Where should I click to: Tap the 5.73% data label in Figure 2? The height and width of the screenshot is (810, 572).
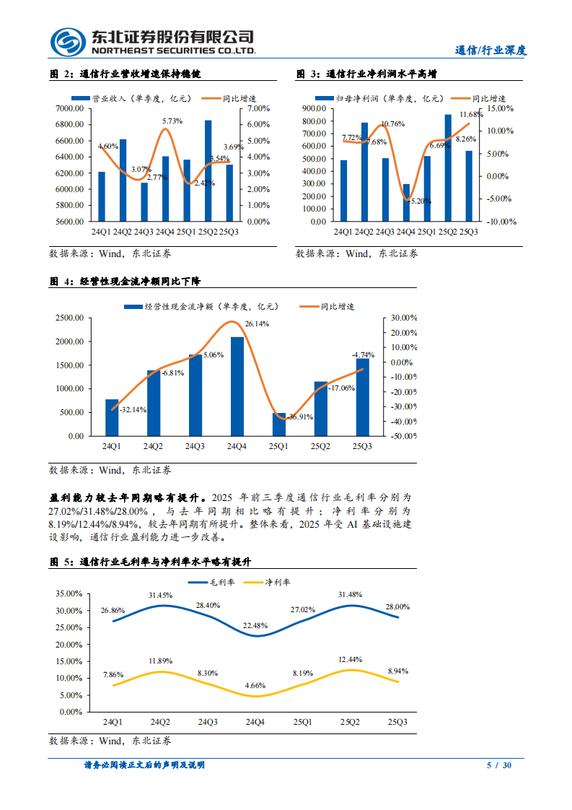[x=172, y=121]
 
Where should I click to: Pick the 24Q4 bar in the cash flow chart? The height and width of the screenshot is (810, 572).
[x=237, y=386]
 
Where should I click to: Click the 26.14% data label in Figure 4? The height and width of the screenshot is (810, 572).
[x=257, y=324]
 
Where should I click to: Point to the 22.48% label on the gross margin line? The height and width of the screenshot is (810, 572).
[x=257, y=625]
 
